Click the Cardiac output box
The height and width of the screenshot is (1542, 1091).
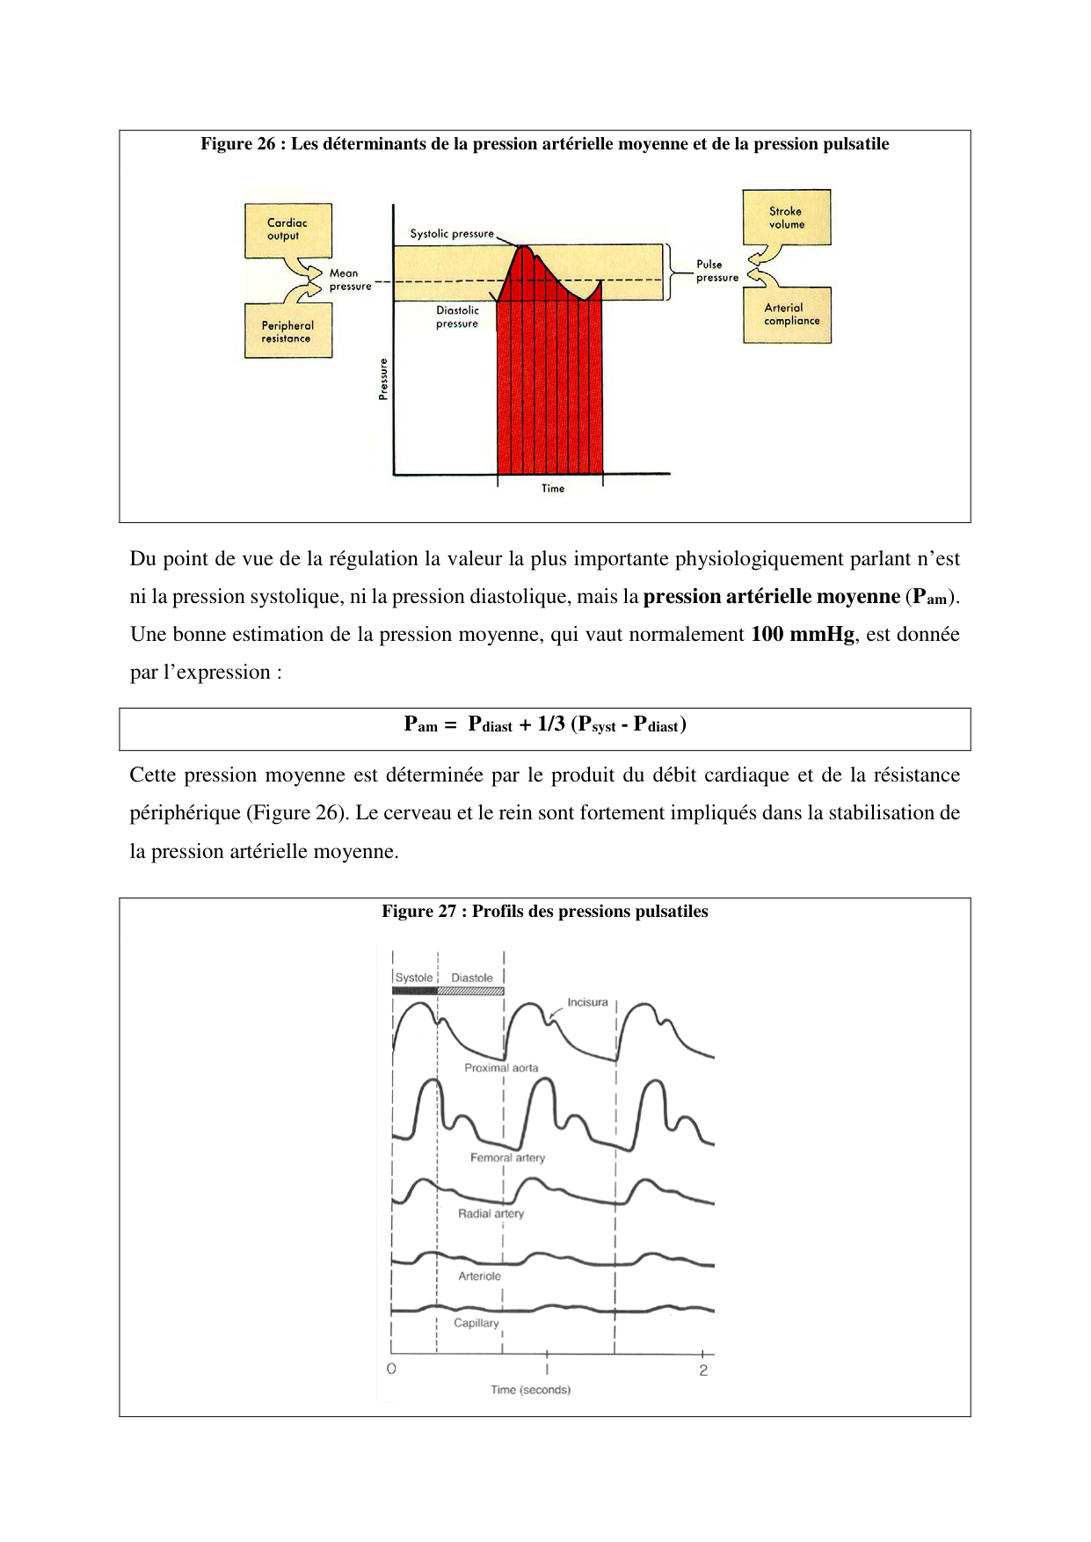pos(287,230)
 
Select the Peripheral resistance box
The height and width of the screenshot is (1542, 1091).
pos(287,331)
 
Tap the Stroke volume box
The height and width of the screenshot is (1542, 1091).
pos(787,217)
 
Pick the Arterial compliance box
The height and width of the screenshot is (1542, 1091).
pos(788,315)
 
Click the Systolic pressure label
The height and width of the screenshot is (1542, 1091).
pos(452,234)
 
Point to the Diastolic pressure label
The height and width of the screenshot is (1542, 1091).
pos(457,317)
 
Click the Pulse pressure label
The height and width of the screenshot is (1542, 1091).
pos(716,271)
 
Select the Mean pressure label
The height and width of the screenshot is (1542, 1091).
pos(349,280)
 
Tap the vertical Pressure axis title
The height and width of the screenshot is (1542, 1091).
pos(383,379)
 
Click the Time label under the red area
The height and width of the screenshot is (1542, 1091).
pos(553,489)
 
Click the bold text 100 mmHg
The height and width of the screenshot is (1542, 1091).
pos(802,635)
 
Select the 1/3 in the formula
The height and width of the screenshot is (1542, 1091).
pos(551,724)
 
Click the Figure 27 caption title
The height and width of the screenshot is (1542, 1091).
pos(544,912)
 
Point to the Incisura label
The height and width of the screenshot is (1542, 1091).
pos(587,1002)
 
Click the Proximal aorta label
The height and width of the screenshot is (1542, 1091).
pos(501,1068)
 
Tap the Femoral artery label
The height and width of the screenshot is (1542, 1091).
pos(507,1158)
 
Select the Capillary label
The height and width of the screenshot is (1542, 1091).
pos(476,1323)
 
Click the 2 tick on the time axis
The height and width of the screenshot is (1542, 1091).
pos(703,1371)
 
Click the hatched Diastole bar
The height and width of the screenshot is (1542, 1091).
pos(470,991)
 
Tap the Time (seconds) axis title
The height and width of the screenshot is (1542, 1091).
pos(530,1390)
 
